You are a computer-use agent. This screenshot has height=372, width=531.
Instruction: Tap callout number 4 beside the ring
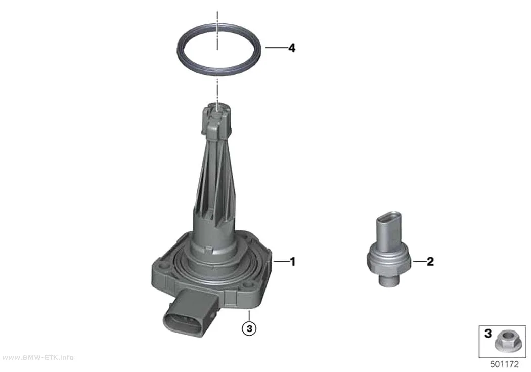pos(292,48)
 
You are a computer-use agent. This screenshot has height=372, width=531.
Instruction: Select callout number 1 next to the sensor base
pos(293,262)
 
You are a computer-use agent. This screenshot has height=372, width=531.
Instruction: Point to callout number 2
pos(430,262)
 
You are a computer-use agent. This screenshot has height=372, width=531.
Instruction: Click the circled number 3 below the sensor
pos(250,328)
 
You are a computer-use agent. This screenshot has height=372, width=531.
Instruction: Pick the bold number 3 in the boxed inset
pos(488,334)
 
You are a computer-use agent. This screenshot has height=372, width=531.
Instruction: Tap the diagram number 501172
pos(504,364)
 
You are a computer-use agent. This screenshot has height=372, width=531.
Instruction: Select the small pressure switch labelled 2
pos(388,249)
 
